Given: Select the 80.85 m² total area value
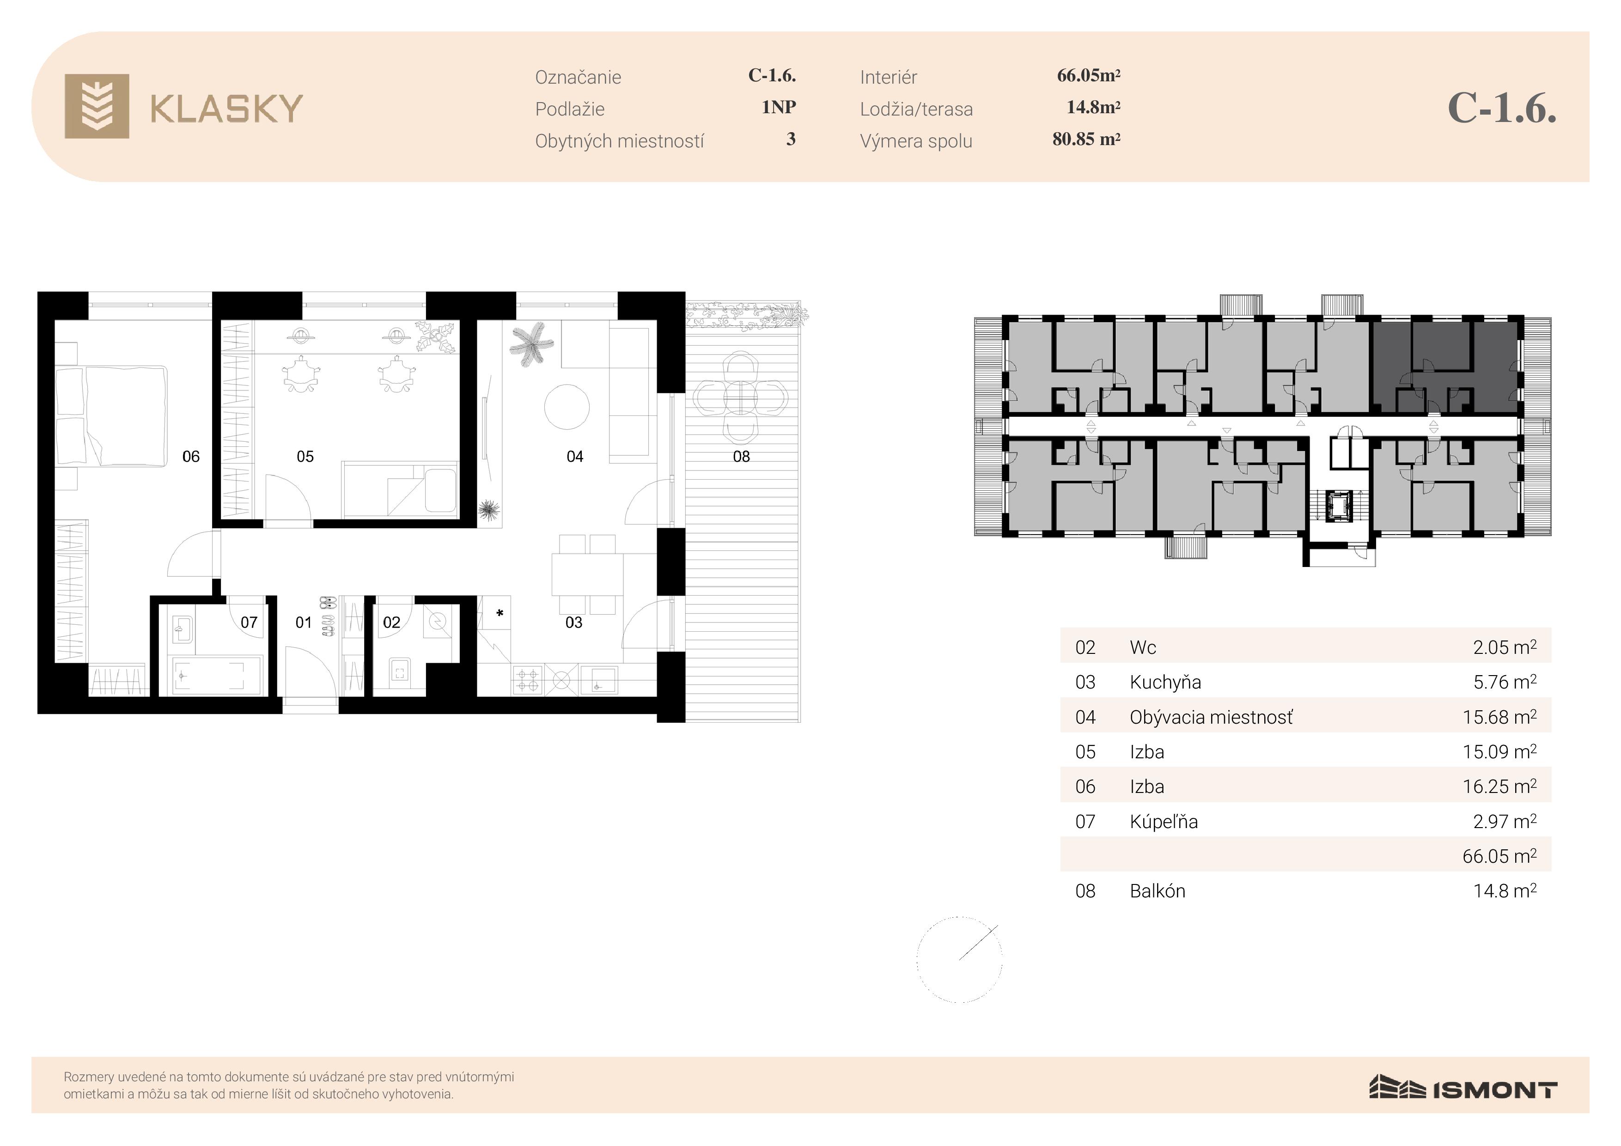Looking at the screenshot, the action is click(1086, 139).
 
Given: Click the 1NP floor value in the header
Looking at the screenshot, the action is click(779, 107).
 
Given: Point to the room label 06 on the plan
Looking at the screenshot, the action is click(191, 457).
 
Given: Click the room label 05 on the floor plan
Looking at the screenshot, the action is click(305, 457).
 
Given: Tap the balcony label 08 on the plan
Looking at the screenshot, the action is click(741, 457).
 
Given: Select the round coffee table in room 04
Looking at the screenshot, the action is click(567, 406).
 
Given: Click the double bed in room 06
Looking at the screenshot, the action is click(113, 415).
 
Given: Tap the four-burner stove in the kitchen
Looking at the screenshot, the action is click(527, 680).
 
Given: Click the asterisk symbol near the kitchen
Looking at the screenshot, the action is click(500, 614).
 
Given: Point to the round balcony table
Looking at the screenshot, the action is click(740, 398).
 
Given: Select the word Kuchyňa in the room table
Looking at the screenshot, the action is click(1165, 682).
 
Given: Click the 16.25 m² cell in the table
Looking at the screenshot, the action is click(1499, 786).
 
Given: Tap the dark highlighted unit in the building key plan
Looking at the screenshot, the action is click(1445, 366).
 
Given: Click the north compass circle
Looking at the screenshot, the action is click(959, 960).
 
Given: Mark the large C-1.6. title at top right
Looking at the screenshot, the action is click(1502, 108).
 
